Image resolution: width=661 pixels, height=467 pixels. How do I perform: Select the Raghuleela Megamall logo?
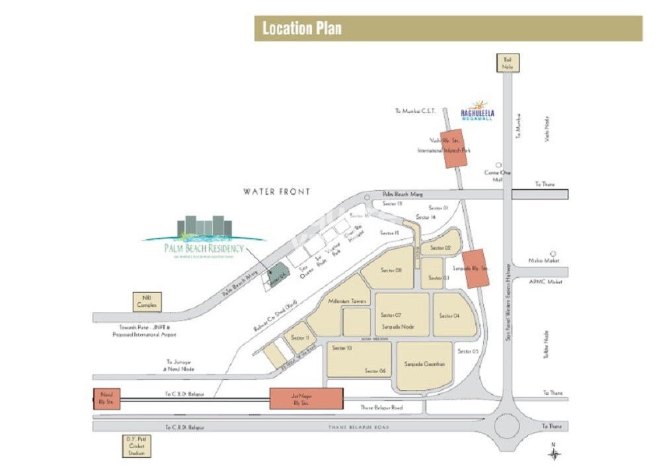pos(477,110)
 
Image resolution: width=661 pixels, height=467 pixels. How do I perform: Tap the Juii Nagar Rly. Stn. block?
pos(307,398)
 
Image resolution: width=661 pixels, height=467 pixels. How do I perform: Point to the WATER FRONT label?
pos(276,192)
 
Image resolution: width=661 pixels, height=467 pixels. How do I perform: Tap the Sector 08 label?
pos(391,270)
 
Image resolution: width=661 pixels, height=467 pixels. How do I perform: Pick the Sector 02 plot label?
pos(440,248)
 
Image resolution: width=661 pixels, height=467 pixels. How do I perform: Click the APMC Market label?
pos(546,281)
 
